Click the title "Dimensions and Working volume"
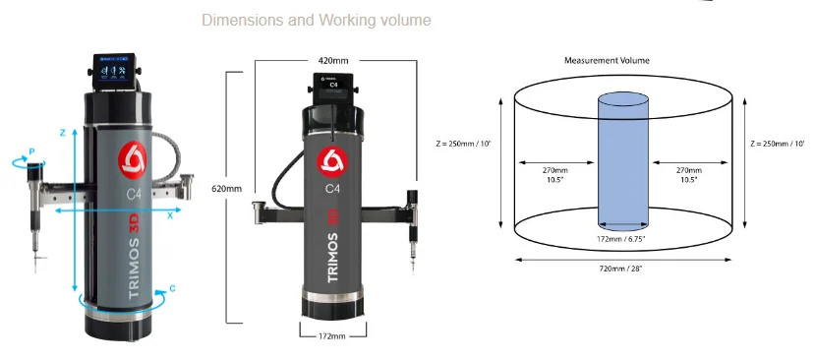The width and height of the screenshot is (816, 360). (x=316, y=21)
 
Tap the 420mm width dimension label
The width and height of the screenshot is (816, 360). (x=333, y=60)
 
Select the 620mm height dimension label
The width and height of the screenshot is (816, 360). (x=226, y=189)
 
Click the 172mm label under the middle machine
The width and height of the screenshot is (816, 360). (x=331, y=336)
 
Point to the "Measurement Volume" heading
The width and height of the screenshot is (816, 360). (x=607, y=60)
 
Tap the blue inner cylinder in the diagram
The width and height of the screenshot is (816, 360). (x=623, y=161)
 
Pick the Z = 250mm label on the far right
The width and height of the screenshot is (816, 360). (x=779, y=144)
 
